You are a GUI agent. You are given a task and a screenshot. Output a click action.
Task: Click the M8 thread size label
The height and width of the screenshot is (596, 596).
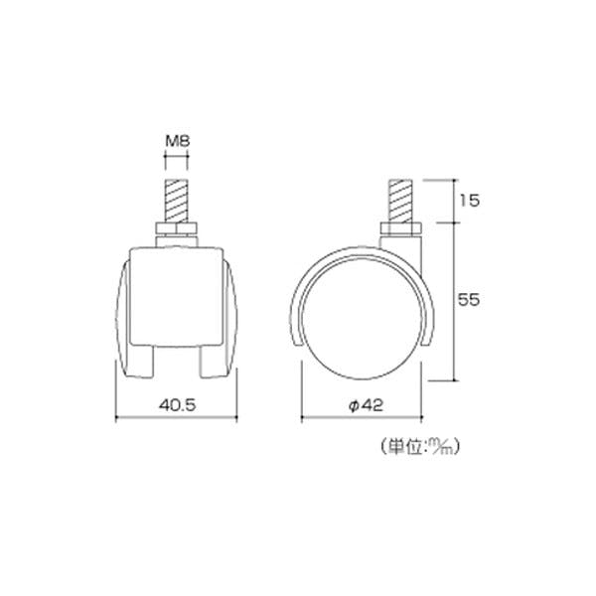click(177, 141)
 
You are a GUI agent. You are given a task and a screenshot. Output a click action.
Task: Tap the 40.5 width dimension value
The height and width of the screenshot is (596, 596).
click(178, 405)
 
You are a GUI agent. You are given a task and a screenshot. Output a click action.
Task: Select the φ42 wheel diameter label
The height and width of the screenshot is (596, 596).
click(366, 405)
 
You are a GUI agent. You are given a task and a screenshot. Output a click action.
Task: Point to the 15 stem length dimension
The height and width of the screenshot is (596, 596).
click(470, 201)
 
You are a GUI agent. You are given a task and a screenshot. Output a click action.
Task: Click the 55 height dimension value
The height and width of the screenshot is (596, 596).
click(469, 300)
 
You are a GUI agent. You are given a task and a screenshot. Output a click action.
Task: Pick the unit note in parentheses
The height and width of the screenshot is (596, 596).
click(420, 446)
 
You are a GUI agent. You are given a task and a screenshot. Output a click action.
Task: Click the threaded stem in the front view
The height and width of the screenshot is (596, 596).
click(177, 202)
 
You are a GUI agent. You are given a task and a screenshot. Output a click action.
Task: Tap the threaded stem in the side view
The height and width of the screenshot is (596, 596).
click(400, 202)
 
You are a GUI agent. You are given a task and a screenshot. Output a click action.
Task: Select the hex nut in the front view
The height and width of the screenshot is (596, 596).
click(177, 228)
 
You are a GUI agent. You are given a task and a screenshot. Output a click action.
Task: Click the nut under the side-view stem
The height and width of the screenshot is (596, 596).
click(400, 228)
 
